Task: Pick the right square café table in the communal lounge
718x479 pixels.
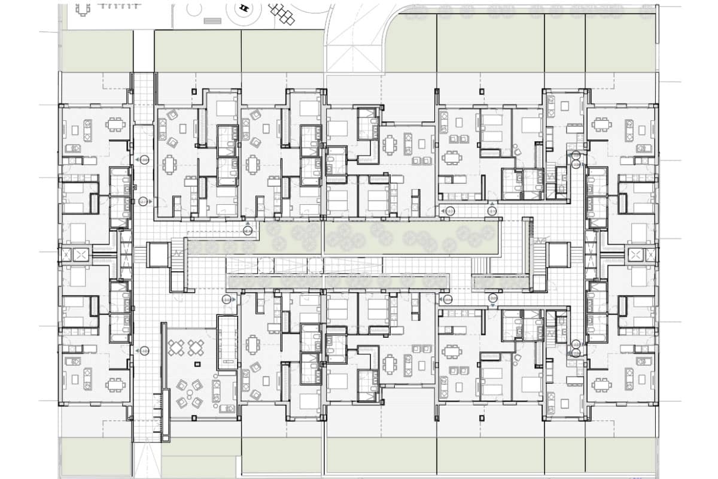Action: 196,347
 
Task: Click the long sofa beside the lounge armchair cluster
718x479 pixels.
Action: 217,392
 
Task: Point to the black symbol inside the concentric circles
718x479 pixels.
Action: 244,8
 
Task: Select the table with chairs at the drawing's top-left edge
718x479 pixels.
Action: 83,9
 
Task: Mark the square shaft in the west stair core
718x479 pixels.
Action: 158,255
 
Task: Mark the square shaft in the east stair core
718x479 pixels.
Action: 558,255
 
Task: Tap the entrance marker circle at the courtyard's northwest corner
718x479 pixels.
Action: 248,230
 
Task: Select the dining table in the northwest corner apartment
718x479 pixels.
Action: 115,125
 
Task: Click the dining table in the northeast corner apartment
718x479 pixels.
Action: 600,125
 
